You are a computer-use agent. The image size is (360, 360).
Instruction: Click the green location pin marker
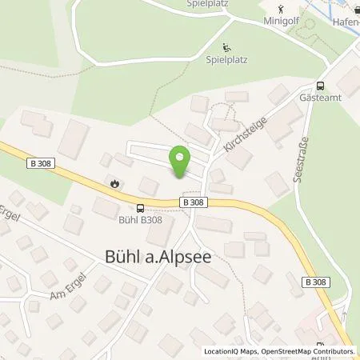181,162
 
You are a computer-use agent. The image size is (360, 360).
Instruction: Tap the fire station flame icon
117,183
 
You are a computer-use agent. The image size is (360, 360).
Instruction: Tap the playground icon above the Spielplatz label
226,47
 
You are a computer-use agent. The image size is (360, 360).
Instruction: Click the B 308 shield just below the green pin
193,202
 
